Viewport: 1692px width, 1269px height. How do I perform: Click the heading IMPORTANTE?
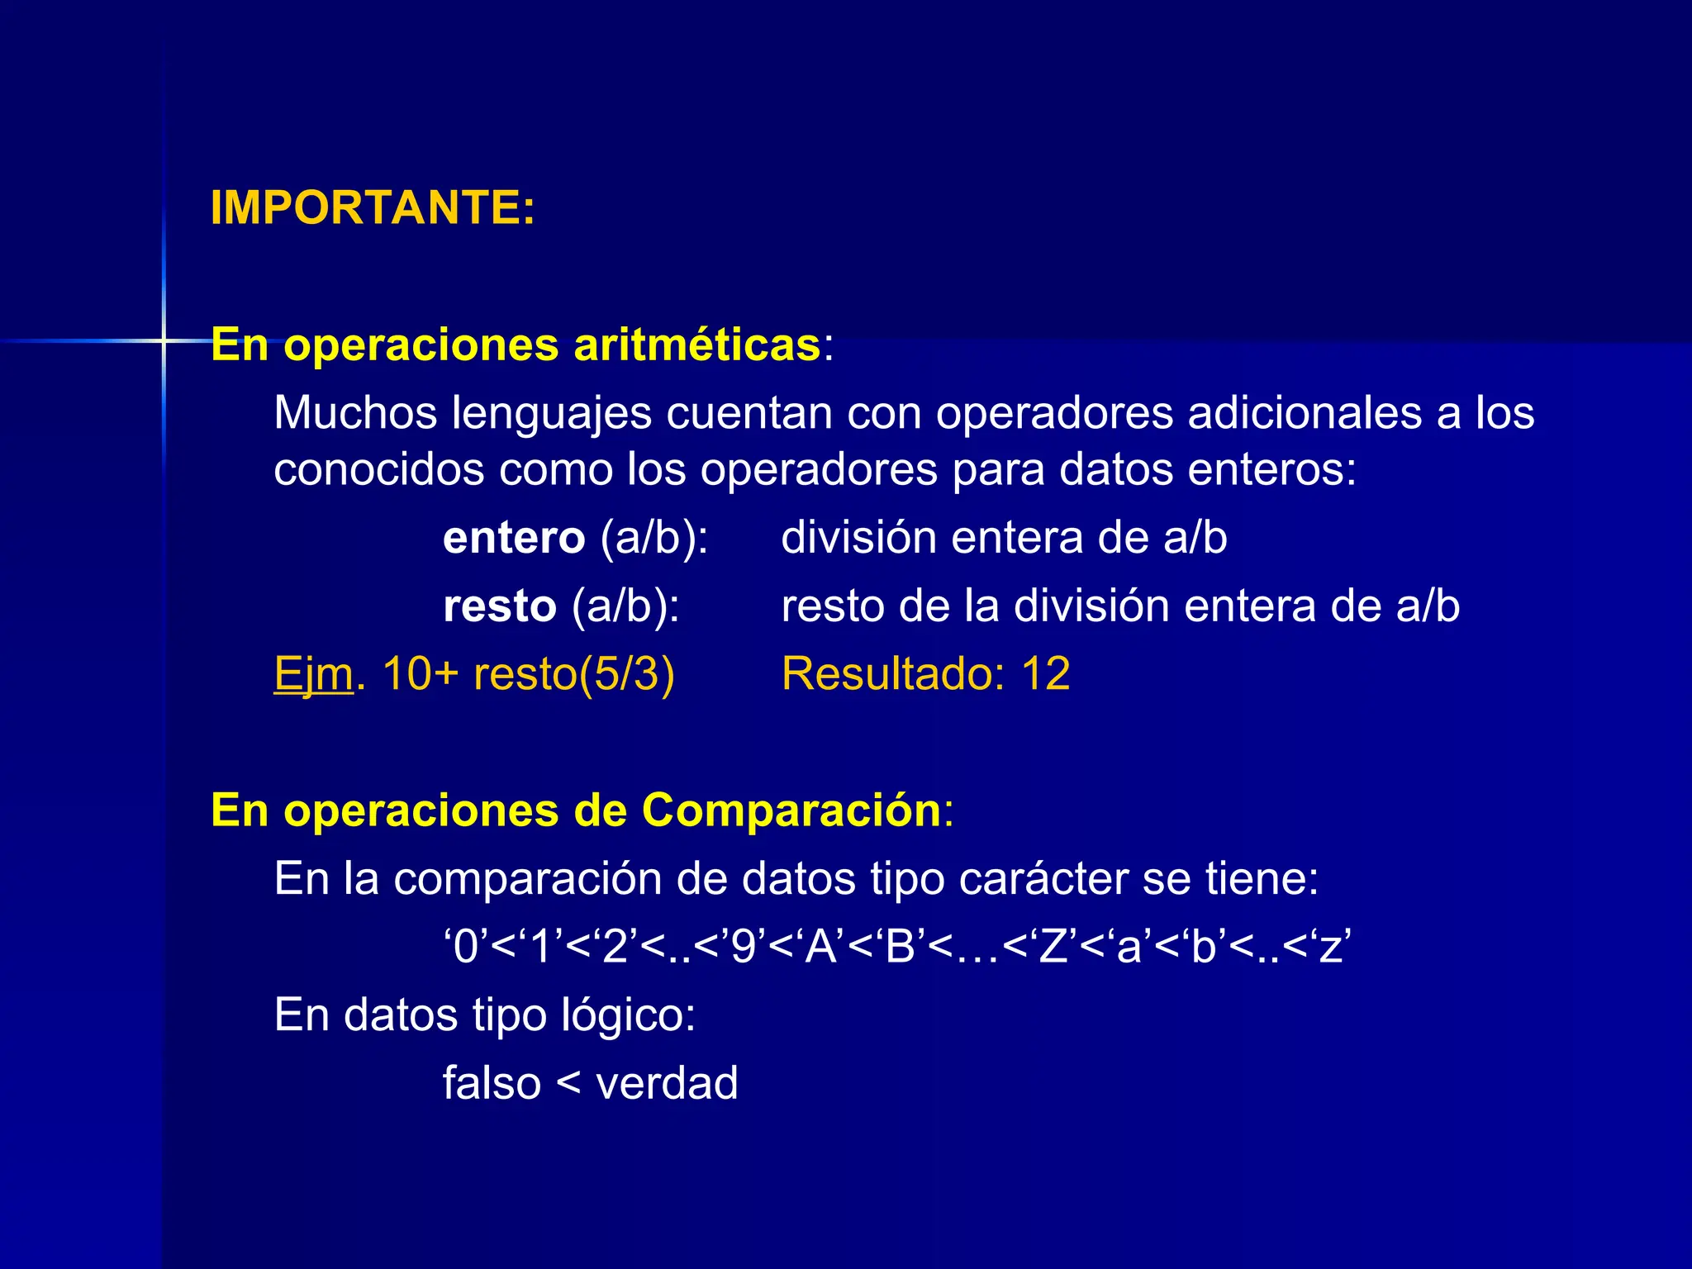coord(373,207)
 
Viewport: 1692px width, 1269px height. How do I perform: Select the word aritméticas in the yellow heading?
coord(696,345)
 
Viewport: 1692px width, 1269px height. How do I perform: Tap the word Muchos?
coord(355,412)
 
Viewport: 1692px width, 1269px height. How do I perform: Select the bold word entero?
coord(514,538)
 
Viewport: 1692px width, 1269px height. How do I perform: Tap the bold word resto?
coord(500,606)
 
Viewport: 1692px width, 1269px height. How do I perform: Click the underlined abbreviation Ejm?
coord(314,675)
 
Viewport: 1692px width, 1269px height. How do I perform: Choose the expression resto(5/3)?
coord(573,674)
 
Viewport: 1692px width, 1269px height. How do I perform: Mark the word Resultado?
coord(893,674)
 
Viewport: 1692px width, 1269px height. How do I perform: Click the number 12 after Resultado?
coord(1046,674)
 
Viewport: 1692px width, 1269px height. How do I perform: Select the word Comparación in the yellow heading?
coord(791,810)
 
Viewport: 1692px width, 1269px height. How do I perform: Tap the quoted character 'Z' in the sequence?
coord(1053,947)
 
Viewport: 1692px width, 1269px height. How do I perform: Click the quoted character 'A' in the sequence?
coord(820,947)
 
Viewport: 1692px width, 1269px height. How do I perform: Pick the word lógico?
coord(628,1015)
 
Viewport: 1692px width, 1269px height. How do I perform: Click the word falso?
coord(492,1083)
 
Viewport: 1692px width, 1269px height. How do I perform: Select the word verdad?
coord(667,1083)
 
